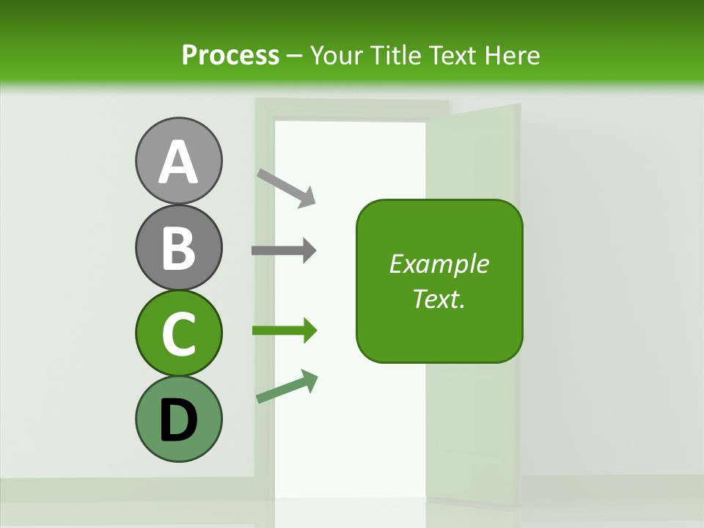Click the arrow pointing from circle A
tap(286, 188)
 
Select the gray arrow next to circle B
tap(284, 251)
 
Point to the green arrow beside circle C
tap(285, 331)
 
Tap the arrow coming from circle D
tap(287, 386)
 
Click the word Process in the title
tap(230, 56)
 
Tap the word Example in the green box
tap(439, 264)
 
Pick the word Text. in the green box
tap(439, 298)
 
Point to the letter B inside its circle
tap(178, 248)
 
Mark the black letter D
tap(178, 420)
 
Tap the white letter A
tap(178, 162)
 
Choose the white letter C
tap(178, 334)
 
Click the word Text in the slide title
tap(451, 56)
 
